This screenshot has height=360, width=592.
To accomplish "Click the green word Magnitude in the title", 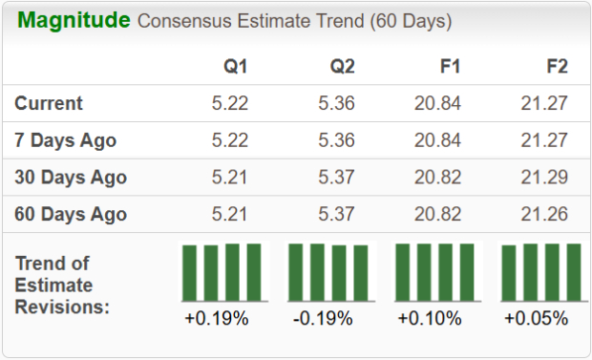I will (74, 20).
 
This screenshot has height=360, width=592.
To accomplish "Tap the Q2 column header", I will (343, 67).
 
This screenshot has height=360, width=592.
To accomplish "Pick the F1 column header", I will (450, 67).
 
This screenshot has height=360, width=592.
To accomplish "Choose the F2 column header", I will (556, 67).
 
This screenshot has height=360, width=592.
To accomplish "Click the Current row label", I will (49, 103).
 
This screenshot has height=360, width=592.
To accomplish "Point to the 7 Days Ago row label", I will (65, 140).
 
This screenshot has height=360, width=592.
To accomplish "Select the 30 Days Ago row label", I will (71, 178).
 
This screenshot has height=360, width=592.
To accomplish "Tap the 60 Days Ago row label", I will (71, 214).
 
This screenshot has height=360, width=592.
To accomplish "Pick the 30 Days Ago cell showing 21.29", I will (545, 178).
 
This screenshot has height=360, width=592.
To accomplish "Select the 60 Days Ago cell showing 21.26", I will (545, 214).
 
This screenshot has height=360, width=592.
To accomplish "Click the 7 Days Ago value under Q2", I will (337, 140).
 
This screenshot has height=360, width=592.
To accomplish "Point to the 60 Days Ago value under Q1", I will (230, 214).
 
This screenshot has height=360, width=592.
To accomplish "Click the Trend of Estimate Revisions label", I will (62, 285).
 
